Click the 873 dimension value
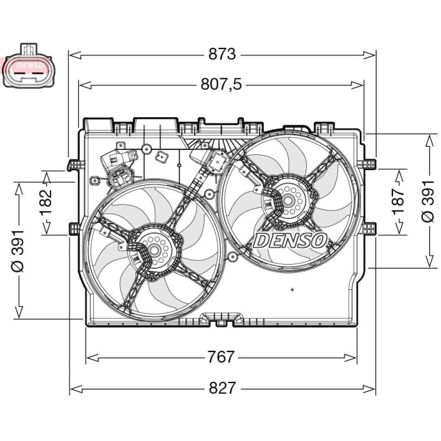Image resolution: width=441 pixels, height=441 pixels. (222, 55)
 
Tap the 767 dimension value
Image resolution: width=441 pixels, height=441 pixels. (221, 357)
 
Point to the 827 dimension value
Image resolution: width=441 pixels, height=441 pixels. (221, 388)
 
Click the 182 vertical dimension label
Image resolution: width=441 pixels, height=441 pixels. (46, 202)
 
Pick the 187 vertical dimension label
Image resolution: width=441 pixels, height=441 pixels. (396, 202)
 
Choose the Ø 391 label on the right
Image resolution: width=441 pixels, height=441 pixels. (428, 199)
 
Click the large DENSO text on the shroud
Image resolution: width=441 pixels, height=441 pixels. (289, 241)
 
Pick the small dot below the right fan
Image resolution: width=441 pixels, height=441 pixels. (293, 290)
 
